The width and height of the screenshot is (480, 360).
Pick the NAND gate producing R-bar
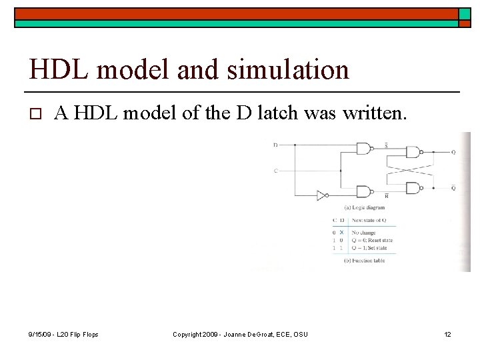(365, 192)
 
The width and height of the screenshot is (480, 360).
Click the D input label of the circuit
(276, 145)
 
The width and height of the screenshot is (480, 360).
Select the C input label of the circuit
(276, 171)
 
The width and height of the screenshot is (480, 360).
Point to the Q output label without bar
(453, 153)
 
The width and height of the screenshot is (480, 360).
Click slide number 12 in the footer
(448, 333)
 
